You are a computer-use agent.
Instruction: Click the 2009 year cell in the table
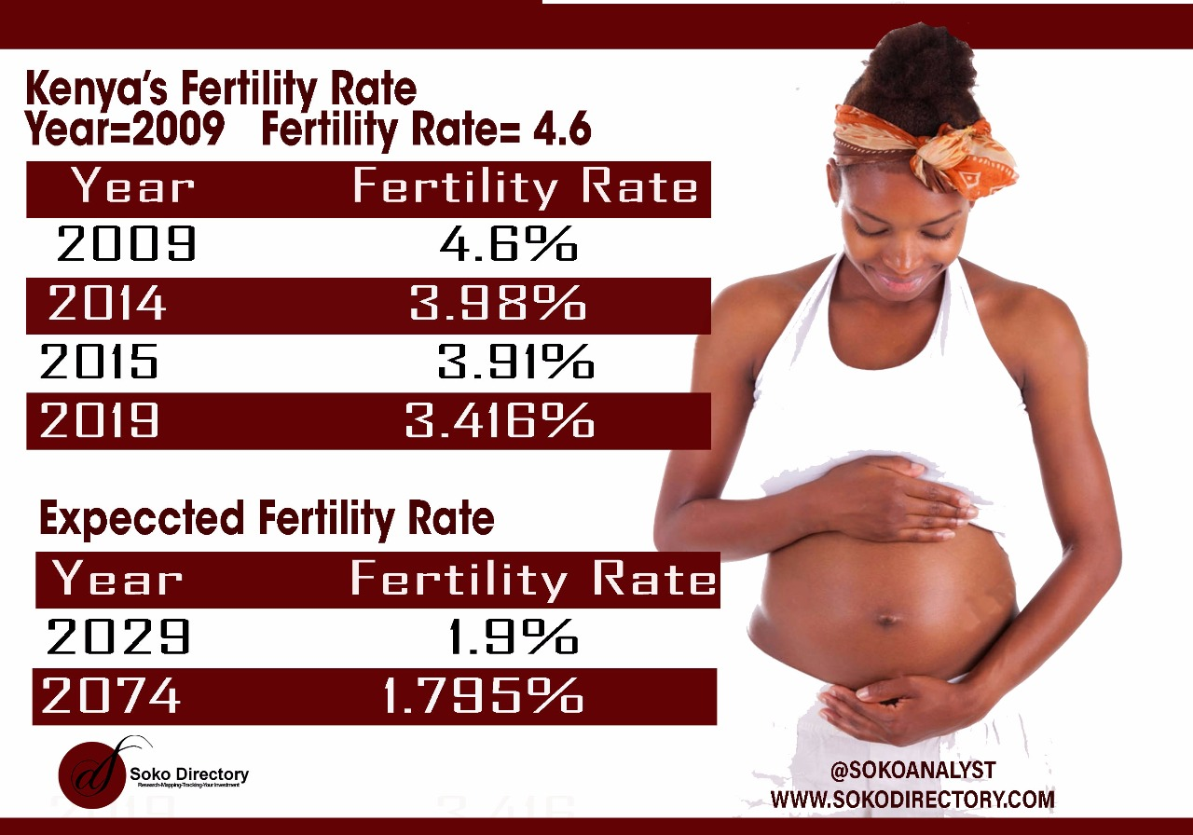pyautogui.click(x=126, y=245)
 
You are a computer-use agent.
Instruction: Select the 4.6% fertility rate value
pyautogui.click(x=509, y=245)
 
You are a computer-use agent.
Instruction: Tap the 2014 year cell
pyautogui.click(x=107, y=304)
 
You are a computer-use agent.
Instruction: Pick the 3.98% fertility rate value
pyautogui.click(x=498, y=304)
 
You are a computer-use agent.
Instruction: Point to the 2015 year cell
pyautogui.click(x=99, y=362)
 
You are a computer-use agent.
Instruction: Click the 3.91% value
pyautogui.click(x=515, y=362)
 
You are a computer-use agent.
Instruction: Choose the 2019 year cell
pyautogui.click(x=99, y=420)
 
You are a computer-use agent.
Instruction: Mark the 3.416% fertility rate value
pyautogui.click(x=500, y=420)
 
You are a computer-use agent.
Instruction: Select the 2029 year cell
pyautogui.click(x=117, y=637)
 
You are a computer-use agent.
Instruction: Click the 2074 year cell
pyautogui.click(x=111, y=696)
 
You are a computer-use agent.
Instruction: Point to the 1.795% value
pyautogui.click(x=484, y=696)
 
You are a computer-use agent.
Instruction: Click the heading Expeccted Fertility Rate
pyautogui.click(x=267, y=518)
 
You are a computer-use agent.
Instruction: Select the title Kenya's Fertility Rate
pyautogui.click(x=222, y=89)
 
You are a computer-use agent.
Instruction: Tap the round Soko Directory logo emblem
pyautogui.click(x=90, y=773)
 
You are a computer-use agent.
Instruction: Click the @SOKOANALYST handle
pyautogui.click(x=912, y=771)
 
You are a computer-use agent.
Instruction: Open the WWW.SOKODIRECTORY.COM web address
pyautogui.click(x=912, y=800)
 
